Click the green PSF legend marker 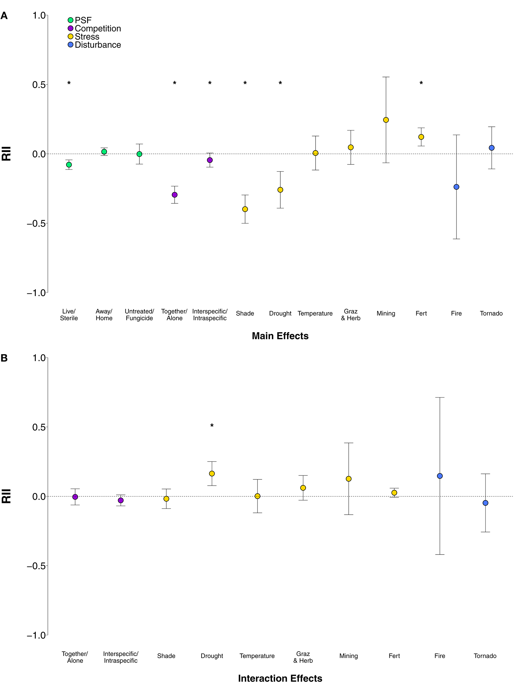coord(70,20)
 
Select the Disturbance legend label coord(98,45)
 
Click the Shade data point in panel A coord(245,209)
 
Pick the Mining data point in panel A coord(386,120)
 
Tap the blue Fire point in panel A coord(456,187)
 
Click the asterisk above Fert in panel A coord(421,83)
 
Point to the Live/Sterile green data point coord(69,165)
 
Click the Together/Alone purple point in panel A coord(175,195)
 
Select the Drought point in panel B coord(212,474)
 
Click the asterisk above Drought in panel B coord(212,426)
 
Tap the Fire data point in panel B coord(440,476)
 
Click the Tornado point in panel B coord(485,503)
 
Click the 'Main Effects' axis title coord(280,336)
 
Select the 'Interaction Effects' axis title coord(280,678)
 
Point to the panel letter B coord(4,358)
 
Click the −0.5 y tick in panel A coord(36,223)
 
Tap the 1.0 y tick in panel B coord(39,358)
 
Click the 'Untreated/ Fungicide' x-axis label coord(139,315)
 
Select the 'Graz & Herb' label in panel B coord(303,657)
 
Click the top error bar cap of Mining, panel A coord(386,77)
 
